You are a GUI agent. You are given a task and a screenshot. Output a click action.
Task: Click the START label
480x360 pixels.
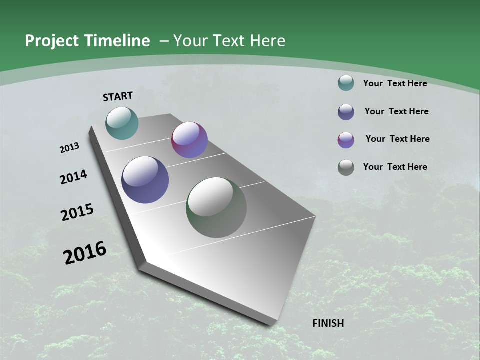[x=118, y=96]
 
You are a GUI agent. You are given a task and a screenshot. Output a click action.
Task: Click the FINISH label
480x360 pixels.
[x=328, y=323]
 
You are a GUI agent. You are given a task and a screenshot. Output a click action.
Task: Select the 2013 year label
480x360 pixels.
[x=70, y=148]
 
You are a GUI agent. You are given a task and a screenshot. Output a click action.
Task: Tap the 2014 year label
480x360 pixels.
[x=74, y=177]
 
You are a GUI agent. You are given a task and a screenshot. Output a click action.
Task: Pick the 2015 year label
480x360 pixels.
[x=77, y=212]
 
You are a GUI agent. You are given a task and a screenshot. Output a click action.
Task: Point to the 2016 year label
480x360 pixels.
[x=85, y=253]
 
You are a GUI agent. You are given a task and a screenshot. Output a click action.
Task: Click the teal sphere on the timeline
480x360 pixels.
[x=122, y=123]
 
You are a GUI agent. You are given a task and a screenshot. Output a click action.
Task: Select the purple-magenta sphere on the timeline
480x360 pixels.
[x=189, y=140]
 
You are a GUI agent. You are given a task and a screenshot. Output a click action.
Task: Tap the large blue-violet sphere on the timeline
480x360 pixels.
[x=145, y=180]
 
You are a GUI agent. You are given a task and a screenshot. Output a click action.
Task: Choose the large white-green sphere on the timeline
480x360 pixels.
[x=216, y=207]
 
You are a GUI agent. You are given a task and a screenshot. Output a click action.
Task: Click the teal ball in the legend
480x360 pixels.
[x=346, y=83]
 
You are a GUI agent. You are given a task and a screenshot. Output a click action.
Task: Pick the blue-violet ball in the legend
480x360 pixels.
[x=346, y=112]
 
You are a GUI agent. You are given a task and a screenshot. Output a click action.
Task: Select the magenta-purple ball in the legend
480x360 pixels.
[x=346, y=140]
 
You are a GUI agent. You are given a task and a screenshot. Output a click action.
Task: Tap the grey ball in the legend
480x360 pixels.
[x=346, y=167]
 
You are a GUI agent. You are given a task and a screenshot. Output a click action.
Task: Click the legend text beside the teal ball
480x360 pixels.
[x=395, y=83]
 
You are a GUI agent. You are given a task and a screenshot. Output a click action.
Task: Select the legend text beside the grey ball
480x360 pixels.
[x=395, y=167]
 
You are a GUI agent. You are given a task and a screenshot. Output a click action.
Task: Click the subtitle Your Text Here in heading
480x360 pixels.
[x=229, y=41]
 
